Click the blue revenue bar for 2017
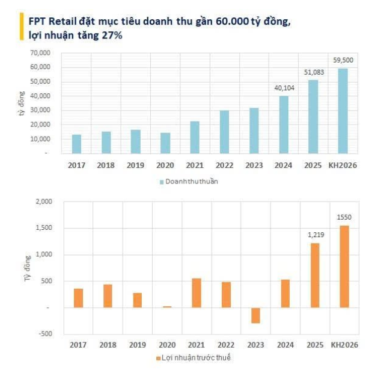pyautogui.click(x=77, y=144)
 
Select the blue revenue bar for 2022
pyautogui.click(x=224, y=132)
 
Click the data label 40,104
pyautogui.click(x=284, y=89)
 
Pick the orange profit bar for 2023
pyautogui.click(x=255, y=315)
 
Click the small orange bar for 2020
pyautogui.click(x=167, y=306)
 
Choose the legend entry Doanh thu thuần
pyautogui.click(x=191, y=182)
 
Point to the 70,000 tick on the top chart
pyautogui.click(x=40, y=53)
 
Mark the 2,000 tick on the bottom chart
pyautogui.click(x=44, y=202)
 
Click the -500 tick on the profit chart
pyautogui.click(x=46, y=334)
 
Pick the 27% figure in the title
pyautogui.click(x=114, y=35)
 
